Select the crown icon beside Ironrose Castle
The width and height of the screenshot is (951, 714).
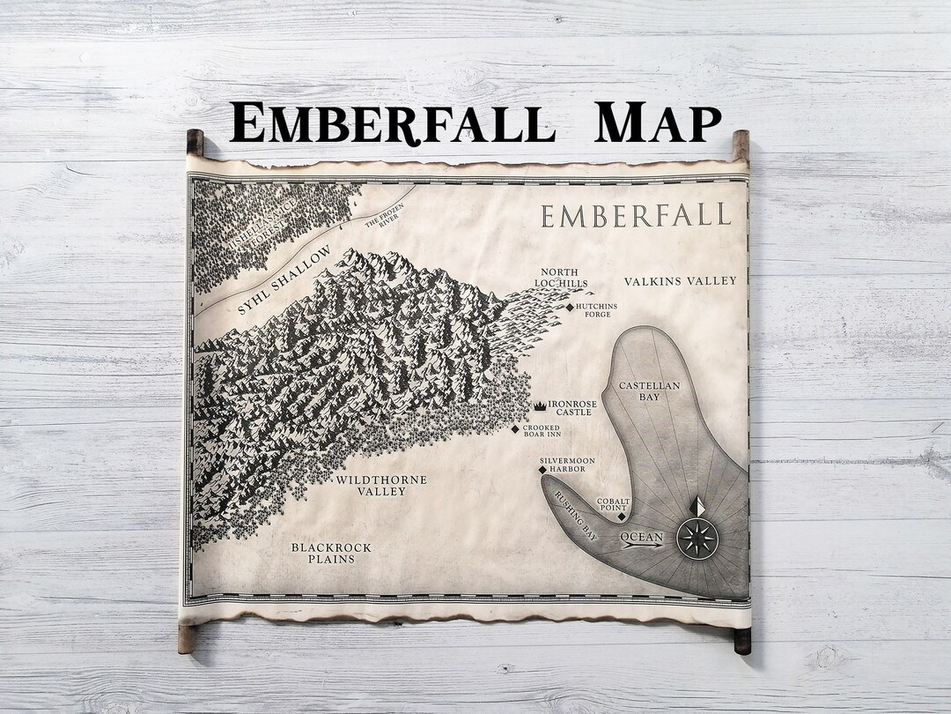coord(538,405)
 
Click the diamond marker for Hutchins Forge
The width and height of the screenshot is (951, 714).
coord(570,307)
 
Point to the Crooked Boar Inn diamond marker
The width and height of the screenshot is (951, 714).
coord(516,429)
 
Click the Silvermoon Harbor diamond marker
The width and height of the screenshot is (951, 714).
coord(542,470)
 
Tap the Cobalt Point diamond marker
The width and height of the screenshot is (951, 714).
coord(622,518)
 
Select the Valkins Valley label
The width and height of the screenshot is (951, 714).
coord(680,281)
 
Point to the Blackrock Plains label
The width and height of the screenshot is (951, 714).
coord(331,553)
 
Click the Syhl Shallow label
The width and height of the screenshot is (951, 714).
coord(284,280)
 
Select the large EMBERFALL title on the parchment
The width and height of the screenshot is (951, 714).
coord(636,215)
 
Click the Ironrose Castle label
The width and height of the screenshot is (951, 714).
coord(572,407)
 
